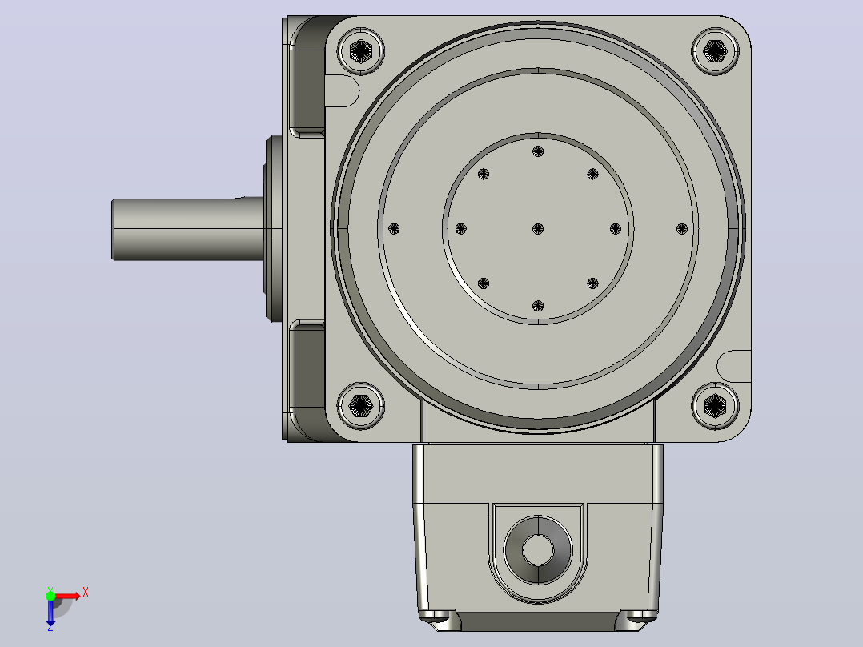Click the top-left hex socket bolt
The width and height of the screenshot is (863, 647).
pyautogui.click(x=360, y=51)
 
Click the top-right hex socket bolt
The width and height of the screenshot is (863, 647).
pyautogui.click(x=715, y=51)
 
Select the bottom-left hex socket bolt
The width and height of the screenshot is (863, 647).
pyautogui.click(x=360, y=406)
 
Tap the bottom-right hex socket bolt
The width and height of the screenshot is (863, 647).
pyautogui.click(x=715, y=406)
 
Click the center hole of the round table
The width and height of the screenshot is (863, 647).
pyautogui.click(x=538, y=228)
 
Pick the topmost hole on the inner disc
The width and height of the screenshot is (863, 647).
pyautogui.click(x=538, y=151)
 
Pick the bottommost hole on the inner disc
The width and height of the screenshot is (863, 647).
pyautogui.click(x=538, y=306)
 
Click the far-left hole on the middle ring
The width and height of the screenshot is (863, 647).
pyautogui.click(x=394, y=228)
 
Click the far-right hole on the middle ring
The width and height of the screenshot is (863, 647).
pyautogui.click(x=681, y=228)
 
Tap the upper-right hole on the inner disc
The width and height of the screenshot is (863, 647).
pyautogui.click(x=592, y=174)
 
